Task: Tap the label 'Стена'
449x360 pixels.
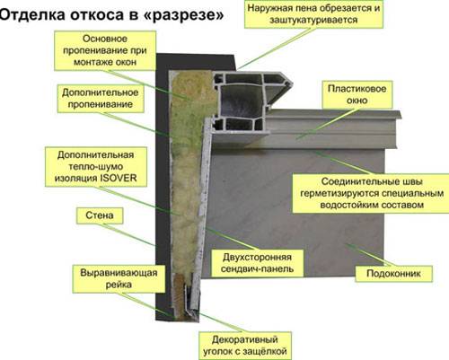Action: [x=100, y=215]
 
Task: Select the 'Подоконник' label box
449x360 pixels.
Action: [x=393, y=274]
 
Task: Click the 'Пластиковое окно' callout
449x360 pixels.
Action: [x=357, y=94]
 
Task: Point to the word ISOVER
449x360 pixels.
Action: [x=119, y=179]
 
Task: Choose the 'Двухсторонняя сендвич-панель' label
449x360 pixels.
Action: [x=257, y=263]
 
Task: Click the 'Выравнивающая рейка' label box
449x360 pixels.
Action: [x=119, y=278]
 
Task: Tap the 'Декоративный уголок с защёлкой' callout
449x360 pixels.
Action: [x=245, y=346]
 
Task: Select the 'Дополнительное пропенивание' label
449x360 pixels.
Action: [x=101, y=99]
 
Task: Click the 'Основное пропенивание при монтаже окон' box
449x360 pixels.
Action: [x=105, y=50]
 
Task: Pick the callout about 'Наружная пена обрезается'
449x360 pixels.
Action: [x=313, y=14]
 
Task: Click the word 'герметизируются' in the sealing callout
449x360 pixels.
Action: [x=339, y=194]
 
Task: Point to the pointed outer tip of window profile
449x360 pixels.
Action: [x=291, y=83]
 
